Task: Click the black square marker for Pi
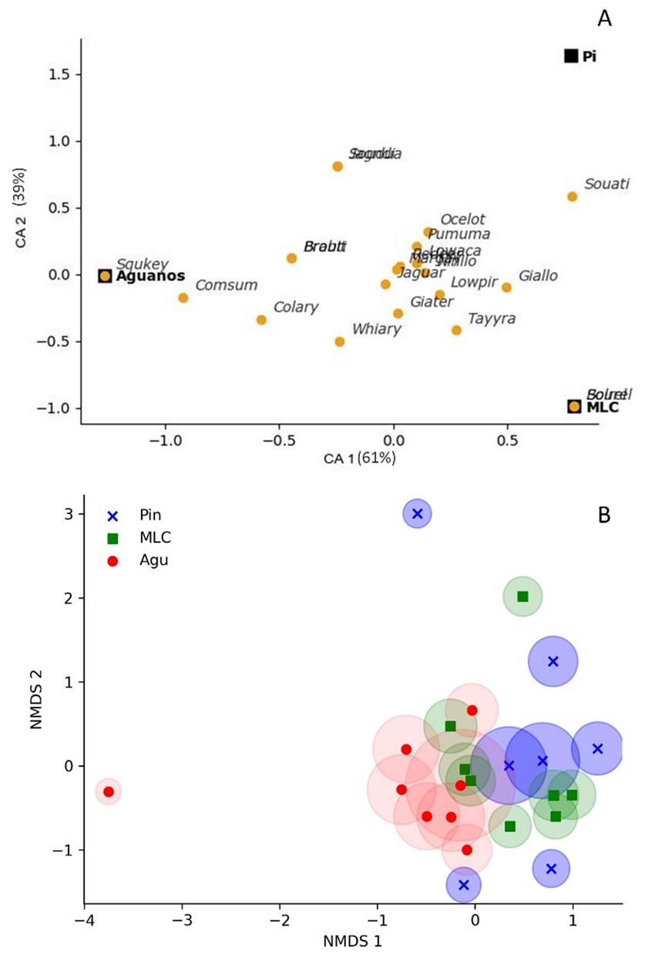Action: click(571, 55)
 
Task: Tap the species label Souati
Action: click(606, 184)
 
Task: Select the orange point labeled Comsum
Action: click(183, 297)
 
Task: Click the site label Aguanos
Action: click(150, 276)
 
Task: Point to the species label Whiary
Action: click(377, 329)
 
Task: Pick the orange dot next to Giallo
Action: click(506, 287)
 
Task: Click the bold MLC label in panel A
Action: click(603, 407)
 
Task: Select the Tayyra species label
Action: click(492, 318)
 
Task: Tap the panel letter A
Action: click(605, 19)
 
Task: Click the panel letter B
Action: click(605, 515)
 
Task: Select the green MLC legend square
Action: click(113, 539)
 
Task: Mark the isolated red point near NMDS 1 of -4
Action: click(109, 791)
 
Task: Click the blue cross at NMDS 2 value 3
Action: click(418, 513)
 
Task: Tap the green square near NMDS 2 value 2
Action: click(522, 596)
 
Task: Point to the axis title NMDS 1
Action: click(353, 941)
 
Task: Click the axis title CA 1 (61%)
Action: click(359, 459)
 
